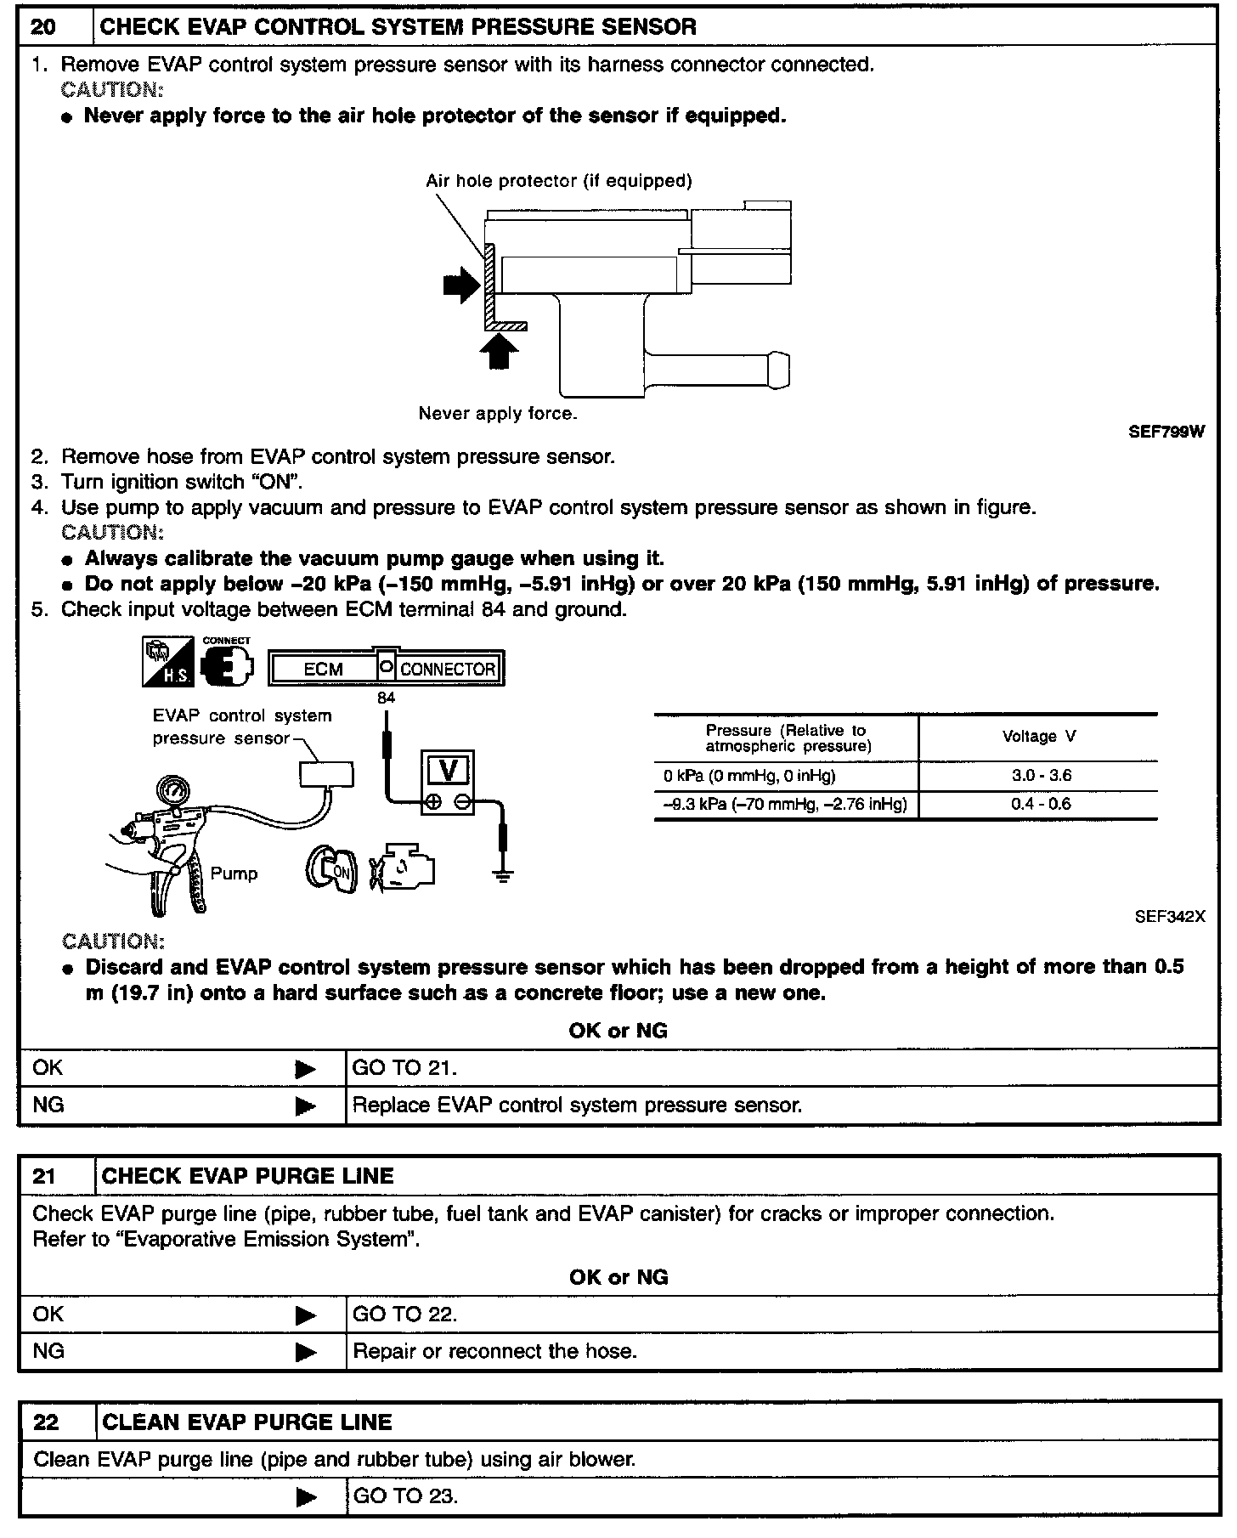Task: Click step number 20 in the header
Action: point(44,27)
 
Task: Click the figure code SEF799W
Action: point(1166,432)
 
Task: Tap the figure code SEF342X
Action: point(1170,917)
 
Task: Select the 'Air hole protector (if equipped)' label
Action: point(558,181)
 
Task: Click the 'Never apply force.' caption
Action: point(498,414)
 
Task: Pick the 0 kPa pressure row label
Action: point(749,776)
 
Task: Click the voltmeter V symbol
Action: point(449,771)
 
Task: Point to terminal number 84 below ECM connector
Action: point(387,698)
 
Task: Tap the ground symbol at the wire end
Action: point(503,876)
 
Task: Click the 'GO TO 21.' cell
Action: point(404,1068)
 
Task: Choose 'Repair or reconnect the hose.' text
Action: point(494,1351)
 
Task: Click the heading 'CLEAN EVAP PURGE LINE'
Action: point(246,1422)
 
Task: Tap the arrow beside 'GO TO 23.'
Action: point(305,1497)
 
